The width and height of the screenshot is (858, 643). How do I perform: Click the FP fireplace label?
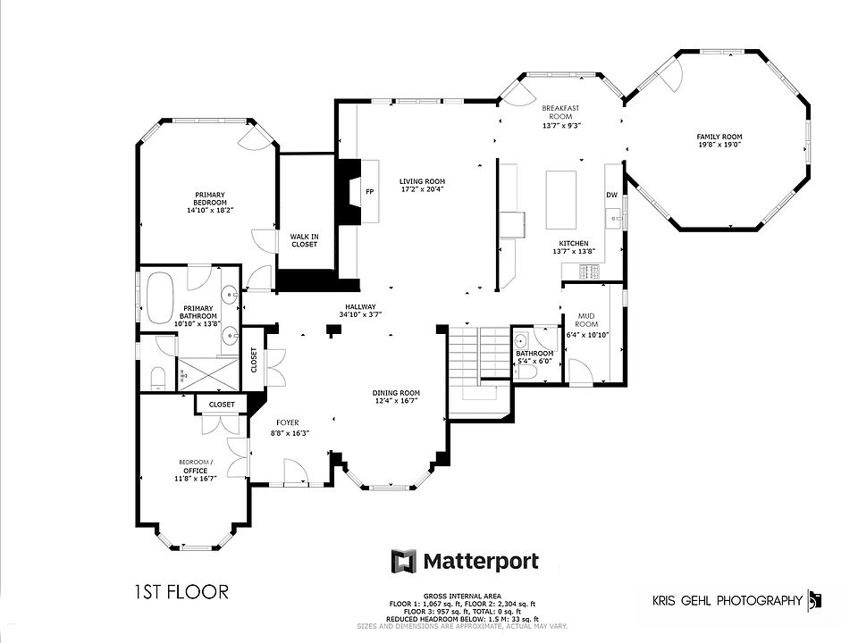pyautogui.click(x=369, y=191)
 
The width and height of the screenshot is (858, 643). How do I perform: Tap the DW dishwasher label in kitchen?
pyautogui.click(x=612, y=195)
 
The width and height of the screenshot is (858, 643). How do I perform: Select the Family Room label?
pyautogui.click(x=719, y=137)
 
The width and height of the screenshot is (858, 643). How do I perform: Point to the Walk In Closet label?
pyautogui.click(x=304, y=240)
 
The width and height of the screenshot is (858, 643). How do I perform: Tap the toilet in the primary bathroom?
pyautogui.click(x=157, y=380)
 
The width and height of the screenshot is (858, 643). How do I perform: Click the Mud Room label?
pyautogui.click(x=586, y=320)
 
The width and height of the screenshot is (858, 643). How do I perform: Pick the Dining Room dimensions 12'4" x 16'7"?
pyautogui.click(x=396, y=401)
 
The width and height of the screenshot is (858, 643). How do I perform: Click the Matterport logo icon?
pyautogui.click(x=403, y=561)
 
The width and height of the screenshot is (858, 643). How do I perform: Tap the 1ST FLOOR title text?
pyautogui.click(x=181, y=591)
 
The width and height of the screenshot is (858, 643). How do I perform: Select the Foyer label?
pyautogui.click(x=287, y=422)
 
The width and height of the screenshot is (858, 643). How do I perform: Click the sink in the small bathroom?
pyautogui.click(x=521, y=340)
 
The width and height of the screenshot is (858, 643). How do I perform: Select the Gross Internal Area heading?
pyautogui.click(x=462, y=596)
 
